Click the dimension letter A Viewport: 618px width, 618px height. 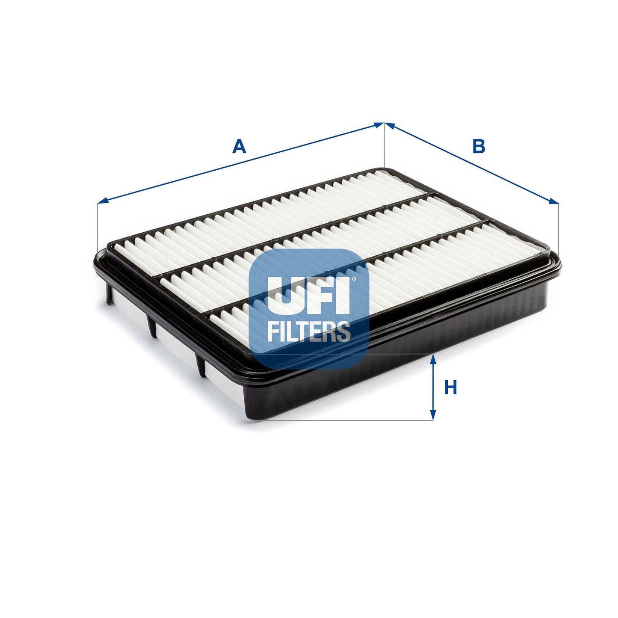tap(239, 147)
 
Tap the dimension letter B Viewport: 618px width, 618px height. tap(479, 146)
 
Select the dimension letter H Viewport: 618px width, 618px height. tap(451, 387)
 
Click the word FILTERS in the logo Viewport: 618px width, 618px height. tap(308, 331)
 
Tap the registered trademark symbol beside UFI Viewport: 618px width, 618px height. tap(353, 280)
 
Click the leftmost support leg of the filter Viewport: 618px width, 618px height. tap(109, 295)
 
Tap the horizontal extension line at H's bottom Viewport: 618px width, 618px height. tap(342, 420)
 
